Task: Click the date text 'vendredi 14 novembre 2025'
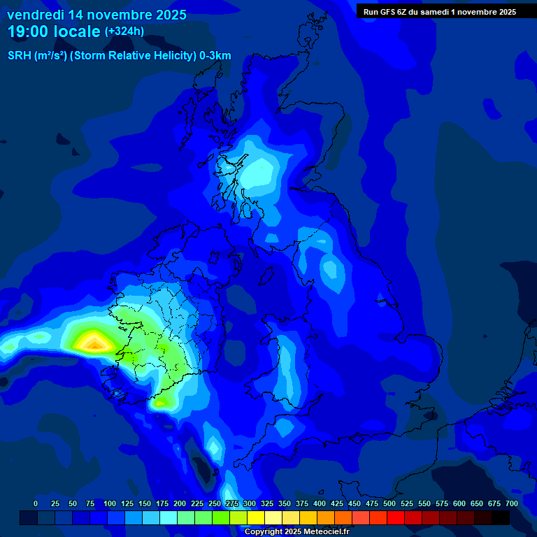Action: click(96, 15)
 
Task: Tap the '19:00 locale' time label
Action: click(54, 31)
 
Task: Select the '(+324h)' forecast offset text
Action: click(124, 31)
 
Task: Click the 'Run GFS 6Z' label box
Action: click(440, 11)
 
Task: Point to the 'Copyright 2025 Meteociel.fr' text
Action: click(296, 531)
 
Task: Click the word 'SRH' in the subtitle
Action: click(20, 56)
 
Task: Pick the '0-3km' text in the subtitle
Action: click(215, 56)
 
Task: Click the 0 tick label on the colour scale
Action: click(36, 503)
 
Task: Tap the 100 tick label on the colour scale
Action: click(110, 503)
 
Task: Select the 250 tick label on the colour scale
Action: click(215, 503)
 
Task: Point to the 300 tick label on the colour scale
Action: click(250, 503)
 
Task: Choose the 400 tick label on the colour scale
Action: click(320, 503)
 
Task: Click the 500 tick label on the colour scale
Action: click(389, 503)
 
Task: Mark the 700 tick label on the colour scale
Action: click(511, 503)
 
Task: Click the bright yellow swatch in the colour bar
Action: click(256, 517)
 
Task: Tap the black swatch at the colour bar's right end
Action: click(501, 517)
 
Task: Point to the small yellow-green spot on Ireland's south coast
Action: click(161, 402)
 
